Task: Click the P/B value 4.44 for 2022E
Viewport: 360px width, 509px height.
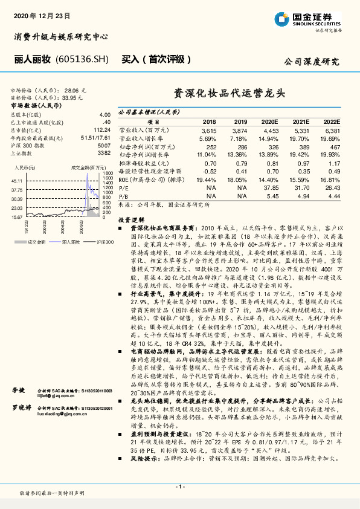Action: [333, 196]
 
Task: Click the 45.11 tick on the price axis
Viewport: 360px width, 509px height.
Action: [17, 180]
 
